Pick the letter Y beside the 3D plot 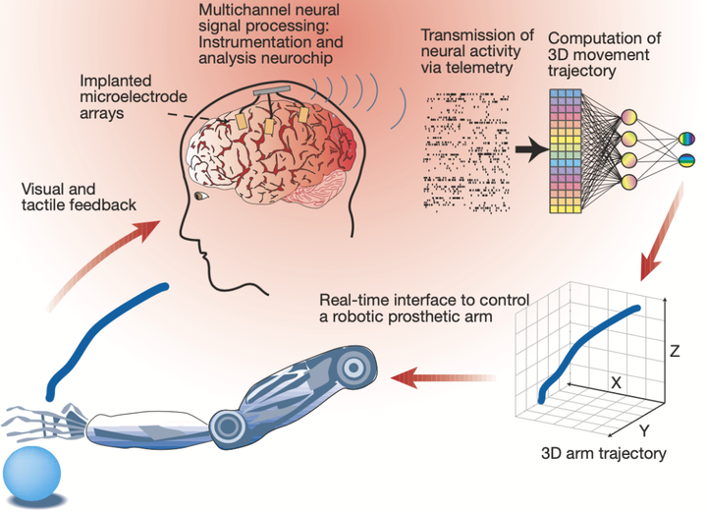(x=644, y=429)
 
